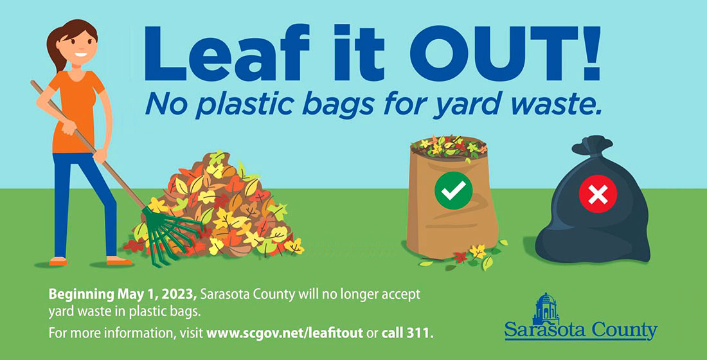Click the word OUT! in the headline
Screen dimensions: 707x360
pos(505,53)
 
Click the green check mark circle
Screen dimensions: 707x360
pos(453,190)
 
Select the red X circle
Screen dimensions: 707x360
pos(598,194)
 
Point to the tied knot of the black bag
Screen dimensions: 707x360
pos(592,145)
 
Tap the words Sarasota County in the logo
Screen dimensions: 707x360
pos(581,330)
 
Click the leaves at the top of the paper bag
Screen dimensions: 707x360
pos(449,147)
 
